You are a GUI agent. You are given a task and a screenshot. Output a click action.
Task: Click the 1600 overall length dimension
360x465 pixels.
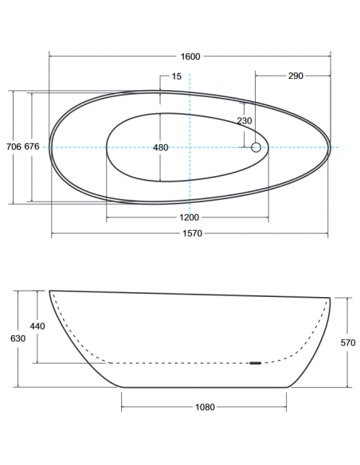190,57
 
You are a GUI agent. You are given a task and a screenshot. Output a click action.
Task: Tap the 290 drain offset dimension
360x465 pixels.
295,76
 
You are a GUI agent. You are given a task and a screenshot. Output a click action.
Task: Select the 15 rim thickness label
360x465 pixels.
177,76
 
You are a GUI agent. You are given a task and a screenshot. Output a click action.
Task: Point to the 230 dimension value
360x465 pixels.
245,121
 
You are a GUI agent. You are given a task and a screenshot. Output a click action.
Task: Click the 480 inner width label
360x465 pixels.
160,147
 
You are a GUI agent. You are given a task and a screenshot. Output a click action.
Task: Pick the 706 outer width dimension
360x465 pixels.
14,147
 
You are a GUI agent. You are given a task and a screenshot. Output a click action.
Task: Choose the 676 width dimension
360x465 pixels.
32,147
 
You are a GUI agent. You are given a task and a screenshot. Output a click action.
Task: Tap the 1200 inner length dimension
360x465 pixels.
190,217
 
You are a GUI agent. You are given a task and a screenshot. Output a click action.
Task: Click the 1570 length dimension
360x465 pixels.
192,233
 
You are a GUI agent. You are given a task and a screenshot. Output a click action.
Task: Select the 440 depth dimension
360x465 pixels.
37,326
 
